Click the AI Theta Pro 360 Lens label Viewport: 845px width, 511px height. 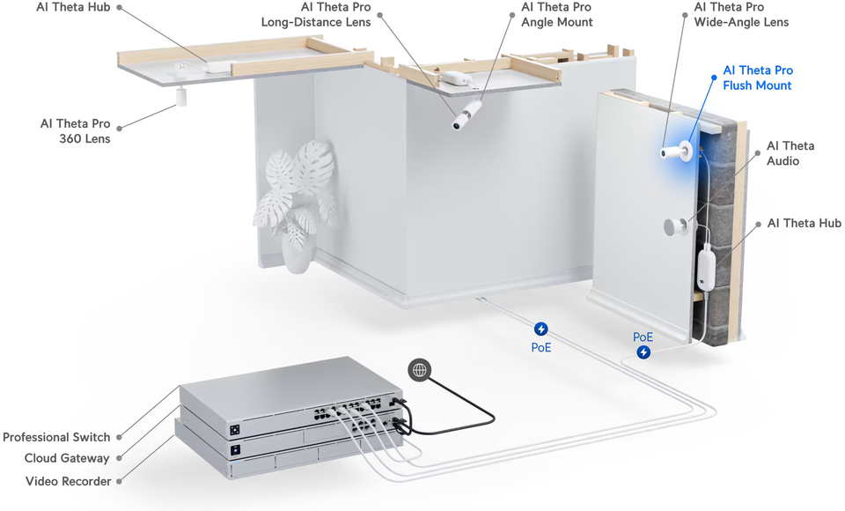[76, 130]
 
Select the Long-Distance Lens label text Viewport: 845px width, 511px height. [316, 14]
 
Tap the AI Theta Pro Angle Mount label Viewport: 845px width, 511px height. [556, 14]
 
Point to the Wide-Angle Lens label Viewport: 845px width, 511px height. [741, 14]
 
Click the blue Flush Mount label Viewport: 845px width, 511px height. [757, 78]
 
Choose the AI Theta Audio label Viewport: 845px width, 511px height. [790, 153]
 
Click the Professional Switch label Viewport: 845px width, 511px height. [56, 437]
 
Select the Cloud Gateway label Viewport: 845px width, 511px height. [67, 458]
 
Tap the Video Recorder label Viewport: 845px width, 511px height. [68, 481]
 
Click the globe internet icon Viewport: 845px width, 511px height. [420, 370]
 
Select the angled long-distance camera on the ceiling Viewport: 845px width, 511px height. [467, 115]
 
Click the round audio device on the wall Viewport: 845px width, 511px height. [675, 226]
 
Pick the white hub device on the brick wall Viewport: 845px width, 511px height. [706, 268]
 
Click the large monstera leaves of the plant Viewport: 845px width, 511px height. [299, 172]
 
